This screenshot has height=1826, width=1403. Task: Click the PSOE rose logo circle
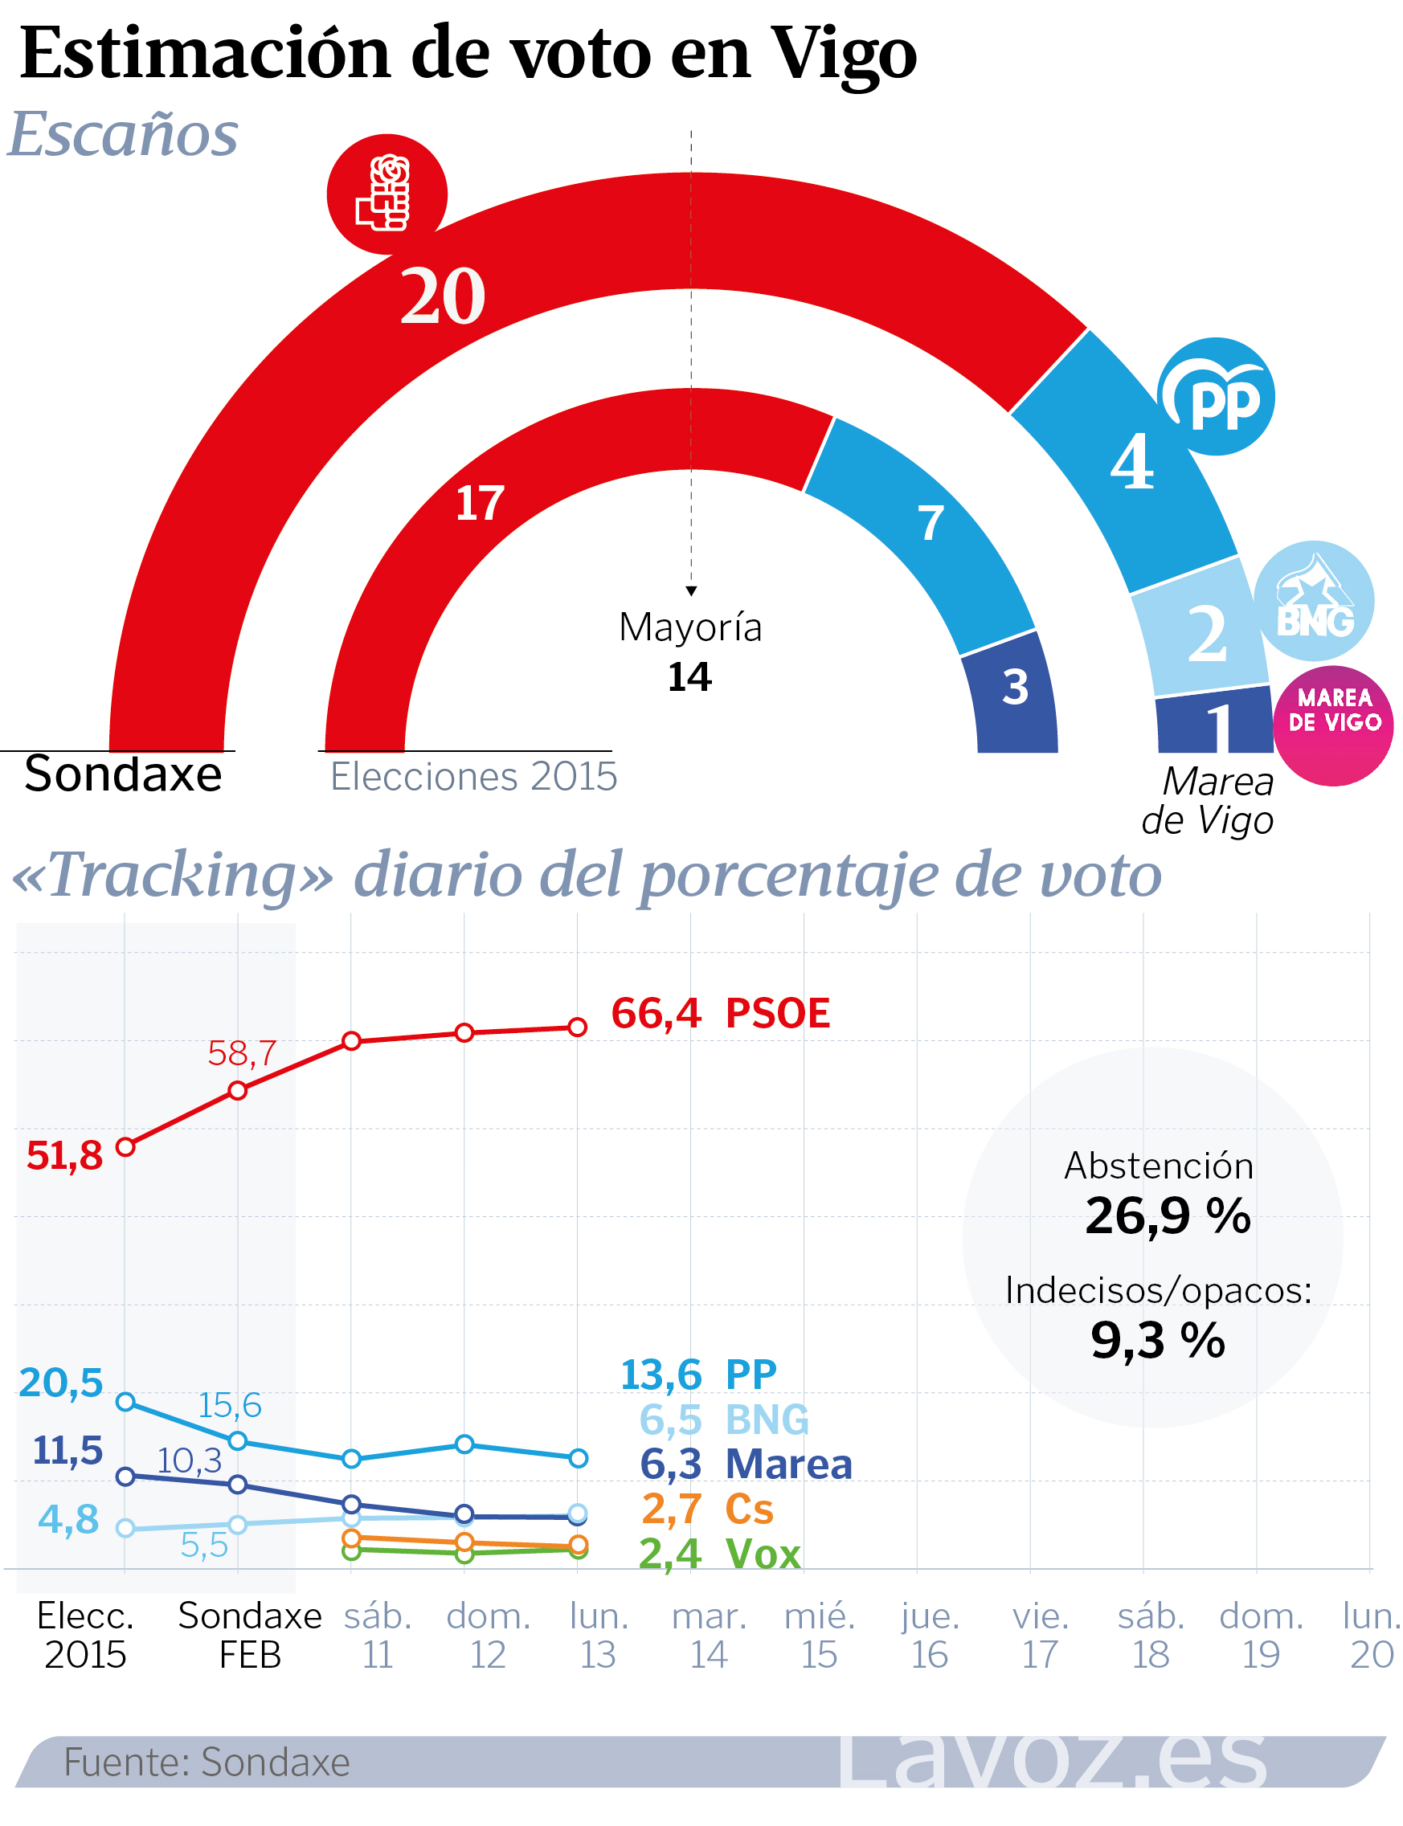click(x=387, y=194)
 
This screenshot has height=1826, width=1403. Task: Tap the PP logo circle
click(x=1216, y=397)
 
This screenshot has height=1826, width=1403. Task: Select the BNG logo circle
click(x=1314, y=601)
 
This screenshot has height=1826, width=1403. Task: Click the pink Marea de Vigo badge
click(x=1333, y=725)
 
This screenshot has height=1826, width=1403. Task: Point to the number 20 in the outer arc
click(x=443, y=296)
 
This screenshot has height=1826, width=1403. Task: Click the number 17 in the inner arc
click(x=480, y=504)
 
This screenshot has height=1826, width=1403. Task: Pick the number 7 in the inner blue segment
click(x=931, y=524)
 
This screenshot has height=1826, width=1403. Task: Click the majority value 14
click(x=689, y=677)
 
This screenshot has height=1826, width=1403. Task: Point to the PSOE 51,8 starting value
click(x=64, y=1156)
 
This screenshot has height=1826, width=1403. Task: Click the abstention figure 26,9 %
click(x=1168, y=1215)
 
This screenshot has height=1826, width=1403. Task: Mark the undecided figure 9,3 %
click(x=1157, y=1341)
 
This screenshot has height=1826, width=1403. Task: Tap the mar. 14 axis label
click(x=708, y=1635)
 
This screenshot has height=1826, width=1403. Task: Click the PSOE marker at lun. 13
click(x=577, y=1027)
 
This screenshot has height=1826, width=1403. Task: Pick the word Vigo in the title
click(x=844, y=54)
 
